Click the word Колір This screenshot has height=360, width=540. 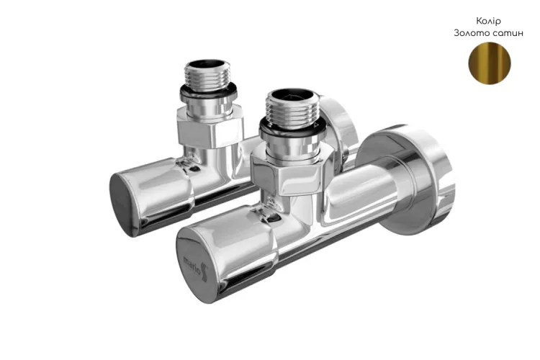(x=488, y=22)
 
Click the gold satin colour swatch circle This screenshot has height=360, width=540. (x=490, y=63)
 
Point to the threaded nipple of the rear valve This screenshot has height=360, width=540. (x=207, y=76)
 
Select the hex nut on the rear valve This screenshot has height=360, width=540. (x=210, y=127)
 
